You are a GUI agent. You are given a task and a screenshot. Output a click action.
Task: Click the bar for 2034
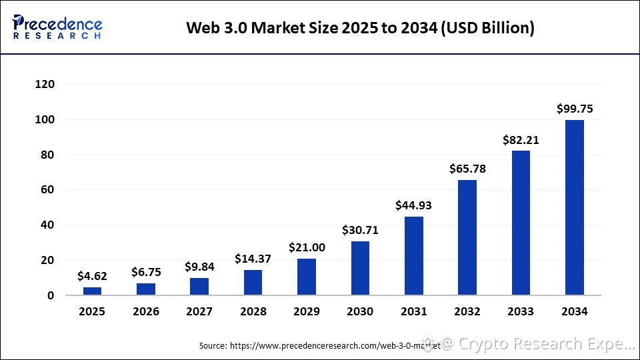[574, 207]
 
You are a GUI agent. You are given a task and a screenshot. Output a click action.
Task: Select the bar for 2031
[413, 256]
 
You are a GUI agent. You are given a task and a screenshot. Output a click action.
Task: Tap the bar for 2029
[307, 277]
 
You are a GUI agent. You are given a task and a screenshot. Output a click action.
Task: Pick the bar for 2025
[92, 291]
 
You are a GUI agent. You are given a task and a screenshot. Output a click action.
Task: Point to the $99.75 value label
[575, 109]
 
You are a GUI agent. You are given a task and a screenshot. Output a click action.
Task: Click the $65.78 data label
[467, 169]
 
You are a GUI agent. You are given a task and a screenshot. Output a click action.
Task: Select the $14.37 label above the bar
[253, 259]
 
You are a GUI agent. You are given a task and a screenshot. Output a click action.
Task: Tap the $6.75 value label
[146, 272]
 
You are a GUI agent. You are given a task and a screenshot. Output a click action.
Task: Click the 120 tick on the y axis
[45, 85]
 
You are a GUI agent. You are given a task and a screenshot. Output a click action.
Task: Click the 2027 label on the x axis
[199, 311]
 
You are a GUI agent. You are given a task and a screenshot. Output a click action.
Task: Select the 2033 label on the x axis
[521, 311]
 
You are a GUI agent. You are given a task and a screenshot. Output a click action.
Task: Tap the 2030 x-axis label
[360, 311]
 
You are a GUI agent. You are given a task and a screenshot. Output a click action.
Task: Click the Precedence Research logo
[57, 27]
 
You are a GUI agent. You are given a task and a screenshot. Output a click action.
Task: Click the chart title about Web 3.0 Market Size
[360, 28]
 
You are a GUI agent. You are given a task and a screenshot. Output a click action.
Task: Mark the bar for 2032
[467, 237]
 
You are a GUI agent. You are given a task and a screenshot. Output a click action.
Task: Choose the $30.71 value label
[360, 230]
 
